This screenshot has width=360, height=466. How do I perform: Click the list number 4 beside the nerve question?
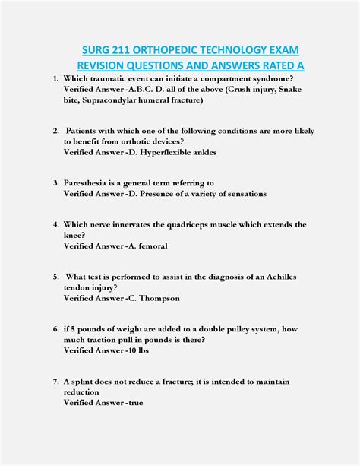click(x=56, y=225)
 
